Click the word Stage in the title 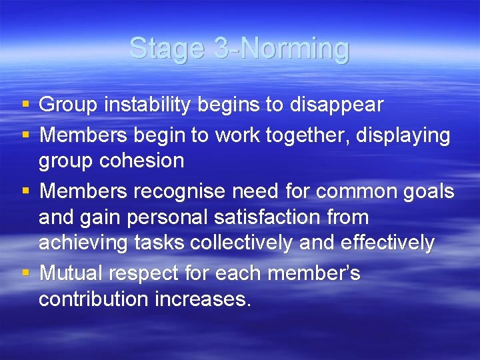click(167, 49)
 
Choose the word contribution click(94, 299)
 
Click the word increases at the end click(203, 299)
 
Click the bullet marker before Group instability click(25, 105)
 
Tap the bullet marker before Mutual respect click(25, 274)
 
